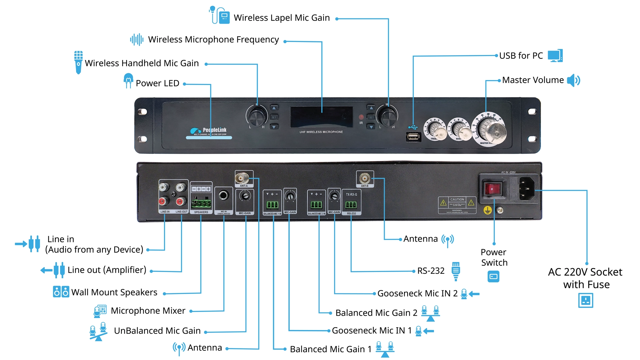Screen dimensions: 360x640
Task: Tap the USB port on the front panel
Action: pos(413,137)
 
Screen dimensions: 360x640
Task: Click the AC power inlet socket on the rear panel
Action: pos(527,189)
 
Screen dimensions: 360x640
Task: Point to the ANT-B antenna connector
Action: pos(364,178)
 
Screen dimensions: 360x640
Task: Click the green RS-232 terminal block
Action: pos(351,205)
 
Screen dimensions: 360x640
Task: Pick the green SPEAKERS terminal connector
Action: pos(201,203)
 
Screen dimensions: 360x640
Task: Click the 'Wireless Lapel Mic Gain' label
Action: pos(282,18)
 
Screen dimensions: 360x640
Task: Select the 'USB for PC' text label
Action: pos(521,56)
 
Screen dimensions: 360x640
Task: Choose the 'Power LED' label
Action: pos(157,83)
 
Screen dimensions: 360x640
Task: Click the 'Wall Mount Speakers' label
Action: pos(114,292)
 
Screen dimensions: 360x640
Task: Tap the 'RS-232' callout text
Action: pos(431,271)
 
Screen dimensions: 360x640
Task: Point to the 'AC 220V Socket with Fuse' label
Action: pos(585,278)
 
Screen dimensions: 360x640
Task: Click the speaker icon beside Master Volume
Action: pos(574,80)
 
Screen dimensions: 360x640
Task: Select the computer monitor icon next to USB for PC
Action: pos(555,56)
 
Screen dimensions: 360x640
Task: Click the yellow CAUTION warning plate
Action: pos(457,205)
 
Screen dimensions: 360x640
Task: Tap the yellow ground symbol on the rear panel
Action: pos(487,210)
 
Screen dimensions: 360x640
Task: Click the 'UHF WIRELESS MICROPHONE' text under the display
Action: pos(321,132)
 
